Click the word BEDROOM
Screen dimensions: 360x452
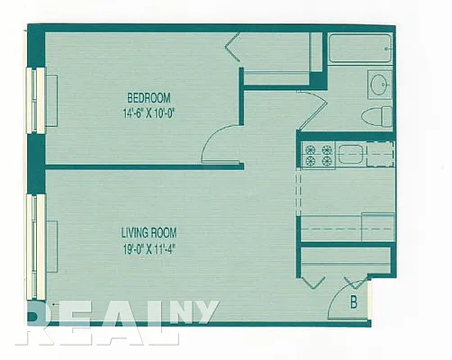coord(149,97)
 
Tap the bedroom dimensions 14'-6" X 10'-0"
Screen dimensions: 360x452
coord(149,113)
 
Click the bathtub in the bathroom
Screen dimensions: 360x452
coord(360,49)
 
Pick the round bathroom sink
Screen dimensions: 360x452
coord(378,85)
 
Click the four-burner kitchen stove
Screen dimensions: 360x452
coord(317,156)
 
